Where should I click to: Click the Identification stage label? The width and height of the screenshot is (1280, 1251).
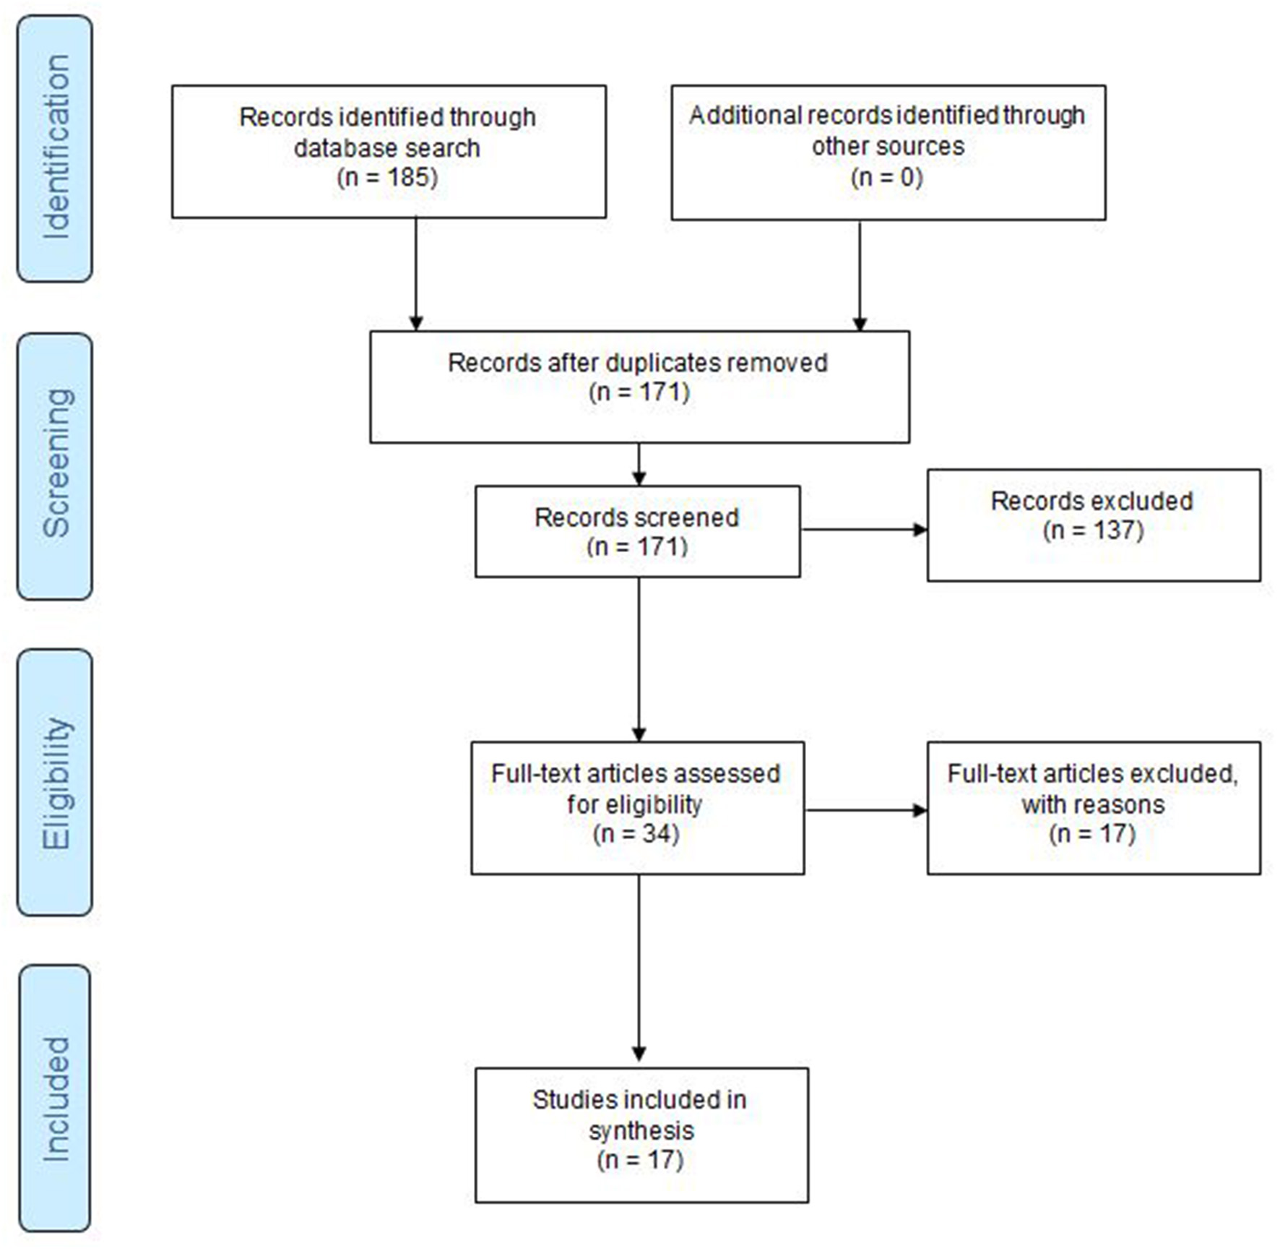point(56,148)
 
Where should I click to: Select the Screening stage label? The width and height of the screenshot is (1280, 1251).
point(56,465)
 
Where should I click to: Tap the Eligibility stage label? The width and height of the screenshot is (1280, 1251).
point(56,783)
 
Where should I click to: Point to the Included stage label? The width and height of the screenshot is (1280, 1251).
point(56,1099)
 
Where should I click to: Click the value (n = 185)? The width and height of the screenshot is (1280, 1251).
point(387,177)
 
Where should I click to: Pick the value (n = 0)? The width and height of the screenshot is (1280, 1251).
point(887,177)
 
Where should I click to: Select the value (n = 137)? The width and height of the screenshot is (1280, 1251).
point(1093,530)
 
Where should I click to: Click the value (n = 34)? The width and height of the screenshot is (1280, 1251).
point(636,834)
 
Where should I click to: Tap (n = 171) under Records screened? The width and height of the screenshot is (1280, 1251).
point(637,547)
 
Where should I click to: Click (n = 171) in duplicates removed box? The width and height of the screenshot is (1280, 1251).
point(640,392)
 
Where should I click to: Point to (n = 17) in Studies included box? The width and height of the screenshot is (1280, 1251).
point(640,1160)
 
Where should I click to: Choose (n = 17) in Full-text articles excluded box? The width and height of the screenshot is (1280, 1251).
point(1092,834)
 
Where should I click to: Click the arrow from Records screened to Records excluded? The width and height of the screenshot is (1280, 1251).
point(864,530)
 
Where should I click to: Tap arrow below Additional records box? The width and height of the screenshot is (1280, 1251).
point(860,275)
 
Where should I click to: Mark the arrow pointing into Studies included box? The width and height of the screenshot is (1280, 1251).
point(639,968)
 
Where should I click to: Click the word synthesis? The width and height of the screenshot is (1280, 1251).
point(641,1130)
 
